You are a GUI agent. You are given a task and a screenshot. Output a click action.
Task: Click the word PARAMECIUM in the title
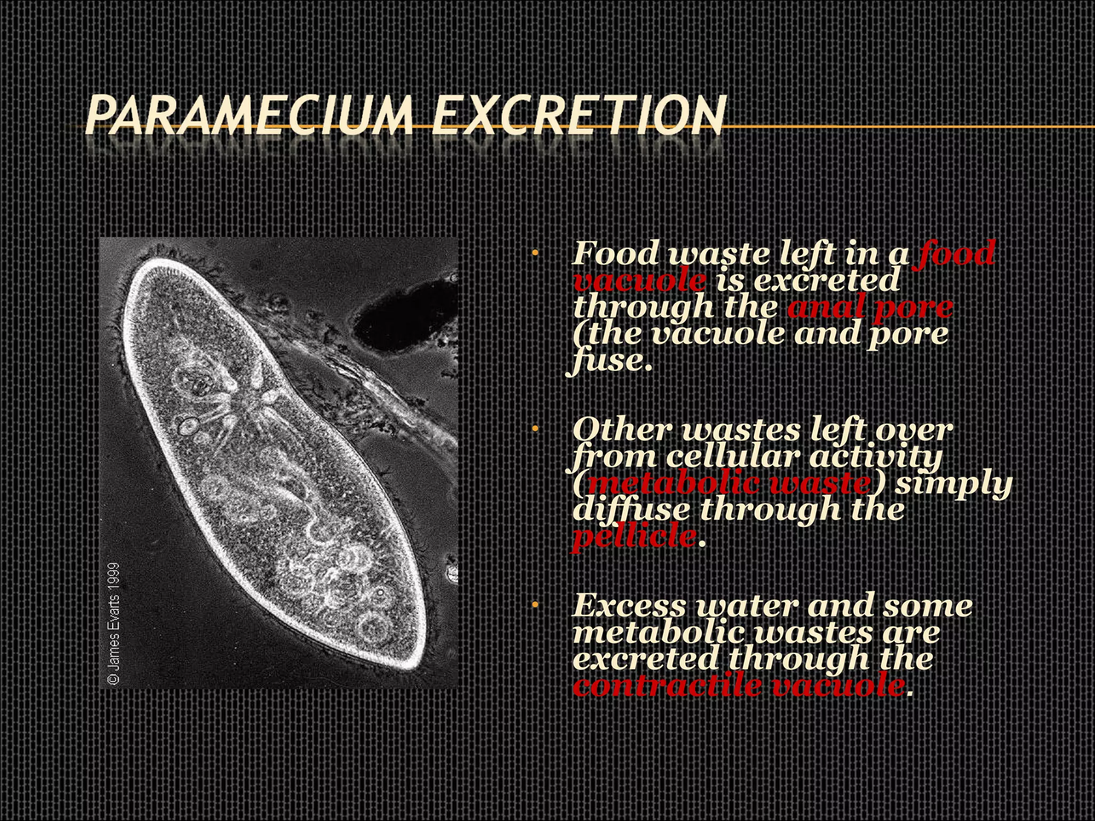pyautogui.click(x=249, y=114)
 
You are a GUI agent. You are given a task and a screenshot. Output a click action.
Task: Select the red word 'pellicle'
pyautogui.click(x=634, y=536)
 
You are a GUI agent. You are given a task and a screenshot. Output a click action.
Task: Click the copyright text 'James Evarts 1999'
pyautogui.click(x=114, y=623)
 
